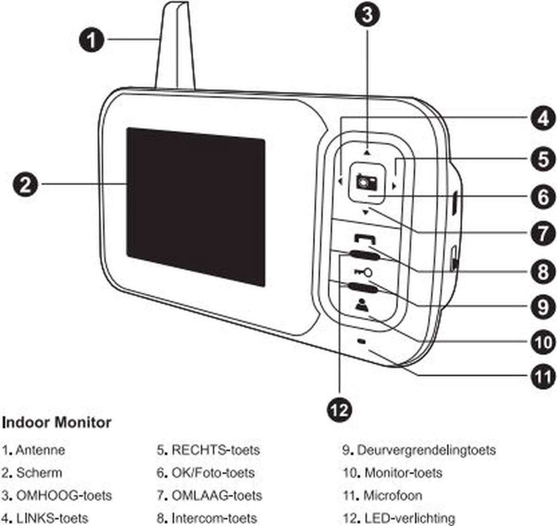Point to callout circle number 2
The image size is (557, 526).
[26, 185]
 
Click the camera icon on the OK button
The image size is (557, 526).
[366, 182]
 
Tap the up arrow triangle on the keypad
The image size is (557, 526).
[367, 152]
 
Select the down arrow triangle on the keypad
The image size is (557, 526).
[366, 213]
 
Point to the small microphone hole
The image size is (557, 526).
[362, 341]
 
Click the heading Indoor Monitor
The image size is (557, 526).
[57, 422]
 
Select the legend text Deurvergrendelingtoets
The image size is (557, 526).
[426, 450]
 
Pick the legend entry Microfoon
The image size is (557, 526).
[392, 495]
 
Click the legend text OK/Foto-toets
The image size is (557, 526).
[213, 473]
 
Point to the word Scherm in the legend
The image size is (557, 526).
[39, 473]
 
